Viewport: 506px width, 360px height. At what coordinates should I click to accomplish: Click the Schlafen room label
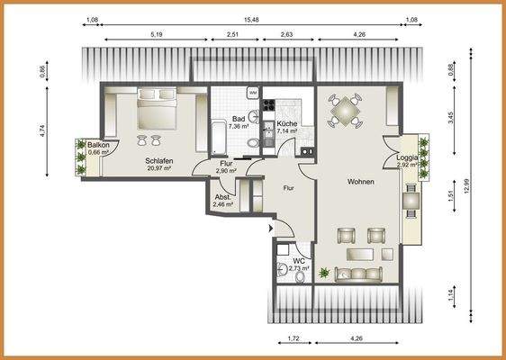pyautogui.click(x=158, y=161)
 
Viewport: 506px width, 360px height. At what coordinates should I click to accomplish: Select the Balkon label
pyautogui.click(x=98, y=145)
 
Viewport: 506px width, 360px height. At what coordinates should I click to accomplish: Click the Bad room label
pyautogui.click(x=239, y=119)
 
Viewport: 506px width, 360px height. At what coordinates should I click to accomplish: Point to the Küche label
pyautogui.click(x=287, y=123)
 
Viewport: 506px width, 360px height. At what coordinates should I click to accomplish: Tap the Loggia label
pyautogui.click(x=408, y=158)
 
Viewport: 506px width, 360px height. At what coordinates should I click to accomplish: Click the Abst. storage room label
pyautogui.click(x=222, y=197)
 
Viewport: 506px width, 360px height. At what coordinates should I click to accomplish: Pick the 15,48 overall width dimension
pyautogui.click(x=251, y=20)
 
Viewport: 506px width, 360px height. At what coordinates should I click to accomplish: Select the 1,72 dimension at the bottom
pyautogui.click(x=294, y=338)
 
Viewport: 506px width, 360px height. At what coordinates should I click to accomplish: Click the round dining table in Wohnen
pyautogui.click(x=346, y=110)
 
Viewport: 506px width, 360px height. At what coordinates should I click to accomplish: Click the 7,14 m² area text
pyautogui.click(x=287, y=131)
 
